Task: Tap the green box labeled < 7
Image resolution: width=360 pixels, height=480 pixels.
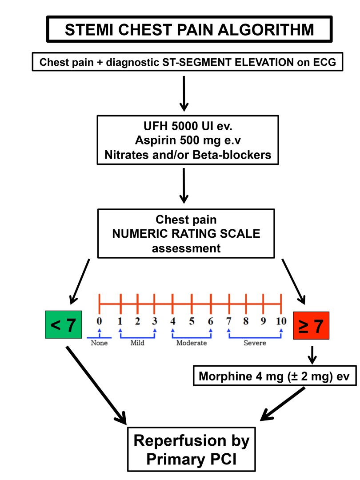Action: (x=63, y=326)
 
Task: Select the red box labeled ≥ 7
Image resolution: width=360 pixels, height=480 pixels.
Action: (x=311, y=326)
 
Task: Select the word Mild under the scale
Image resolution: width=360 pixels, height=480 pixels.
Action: (x=137, y=343)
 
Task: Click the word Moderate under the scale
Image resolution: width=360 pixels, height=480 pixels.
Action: (x=192, y=343)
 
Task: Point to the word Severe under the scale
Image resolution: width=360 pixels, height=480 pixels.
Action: (x=255, y=343)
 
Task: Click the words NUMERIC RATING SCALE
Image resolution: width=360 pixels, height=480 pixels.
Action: (x=186, y=233)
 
